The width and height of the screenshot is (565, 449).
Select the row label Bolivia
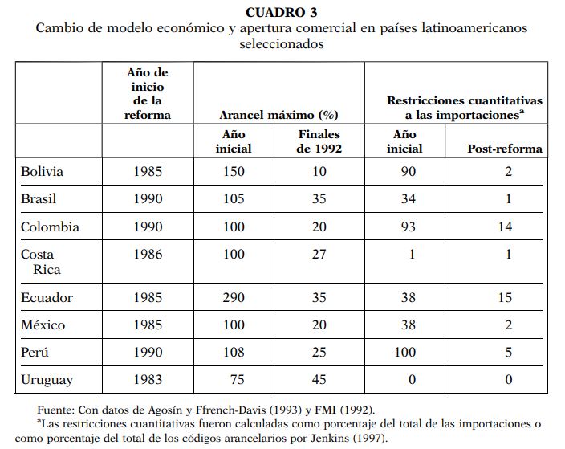pyautogui.click(x=43, y=171)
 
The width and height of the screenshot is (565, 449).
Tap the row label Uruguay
pyautogui.click(x=47, y=379)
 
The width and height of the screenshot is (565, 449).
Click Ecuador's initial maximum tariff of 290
pyautogui.click(x=234, y=297)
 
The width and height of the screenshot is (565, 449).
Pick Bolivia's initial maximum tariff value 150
pyautogui.click(x=234, y=171)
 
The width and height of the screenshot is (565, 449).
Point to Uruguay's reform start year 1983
pyautogui.click(x=147, y=379)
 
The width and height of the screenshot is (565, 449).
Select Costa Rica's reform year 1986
pyautogui.click(x=147, y=255)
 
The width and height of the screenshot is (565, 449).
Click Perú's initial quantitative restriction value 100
pyautogui.click(x=408, y=352)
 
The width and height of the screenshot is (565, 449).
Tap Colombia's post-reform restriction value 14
pyautogui.click(x=505, y=227)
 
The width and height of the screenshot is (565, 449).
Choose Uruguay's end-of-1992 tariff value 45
pyautogui.click(x=319, y=379)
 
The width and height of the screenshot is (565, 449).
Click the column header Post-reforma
pyautogui.click(x=505, y=148)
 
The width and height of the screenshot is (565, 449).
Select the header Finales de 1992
pyautogui.click(x=319, y=141)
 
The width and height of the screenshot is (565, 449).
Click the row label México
pyautogui.click(x=43, y=325)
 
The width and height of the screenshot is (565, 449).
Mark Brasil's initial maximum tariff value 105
pyautogui.click(x=234, y=199)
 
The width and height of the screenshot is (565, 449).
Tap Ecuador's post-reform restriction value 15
pyautogui.click(x=505, y=297)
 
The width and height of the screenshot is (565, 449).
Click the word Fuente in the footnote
pyautogui.click(x=57, y=410)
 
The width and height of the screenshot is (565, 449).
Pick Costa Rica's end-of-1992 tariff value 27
pyautogui.click(x=319, y=255)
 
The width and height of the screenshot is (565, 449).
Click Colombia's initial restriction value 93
pyautogui.click(x=408, y=227)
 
